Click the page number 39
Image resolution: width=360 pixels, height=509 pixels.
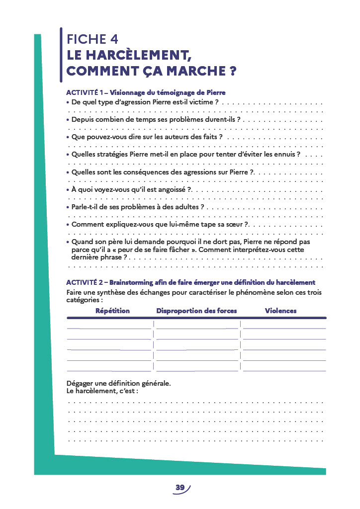tap(180, 488)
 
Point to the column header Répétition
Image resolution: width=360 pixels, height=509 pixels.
tap(112, 311)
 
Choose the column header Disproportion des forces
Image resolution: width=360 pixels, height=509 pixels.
tap(196, 311)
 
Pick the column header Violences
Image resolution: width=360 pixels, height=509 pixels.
tap(280, 311)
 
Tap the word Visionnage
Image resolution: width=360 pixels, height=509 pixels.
tap(130, 92)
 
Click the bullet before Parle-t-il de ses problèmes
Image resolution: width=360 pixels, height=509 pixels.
tap(68, 207)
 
